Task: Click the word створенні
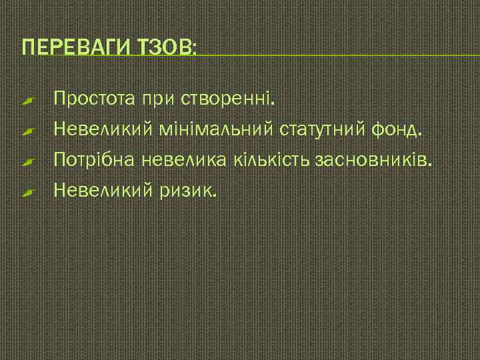click(227, 99)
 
